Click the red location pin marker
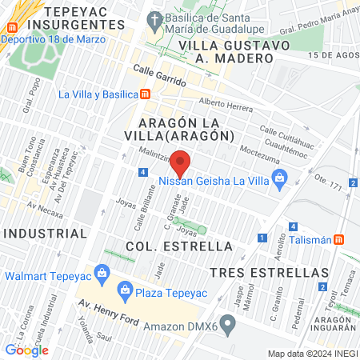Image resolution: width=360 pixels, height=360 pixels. (181, 162)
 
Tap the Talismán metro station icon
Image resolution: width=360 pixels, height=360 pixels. (340, 239)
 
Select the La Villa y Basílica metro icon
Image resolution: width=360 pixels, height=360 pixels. (145, 94)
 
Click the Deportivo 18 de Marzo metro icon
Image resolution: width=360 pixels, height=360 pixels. (11, 26)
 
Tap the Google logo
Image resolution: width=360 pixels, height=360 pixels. (26, 350)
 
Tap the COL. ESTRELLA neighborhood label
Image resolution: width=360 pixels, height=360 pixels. (179, 246)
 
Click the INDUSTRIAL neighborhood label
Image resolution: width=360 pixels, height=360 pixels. (45, 233)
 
